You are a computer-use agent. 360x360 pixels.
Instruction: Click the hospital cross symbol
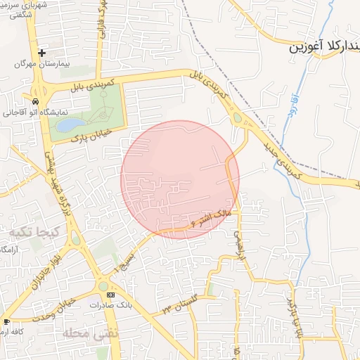point(41,53)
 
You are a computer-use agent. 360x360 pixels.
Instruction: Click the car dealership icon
point(35,101)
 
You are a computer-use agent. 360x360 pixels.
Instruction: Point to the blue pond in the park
point(70,125)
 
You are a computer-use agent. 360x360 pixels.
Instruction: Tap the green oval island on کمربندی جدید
point(238,118)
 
